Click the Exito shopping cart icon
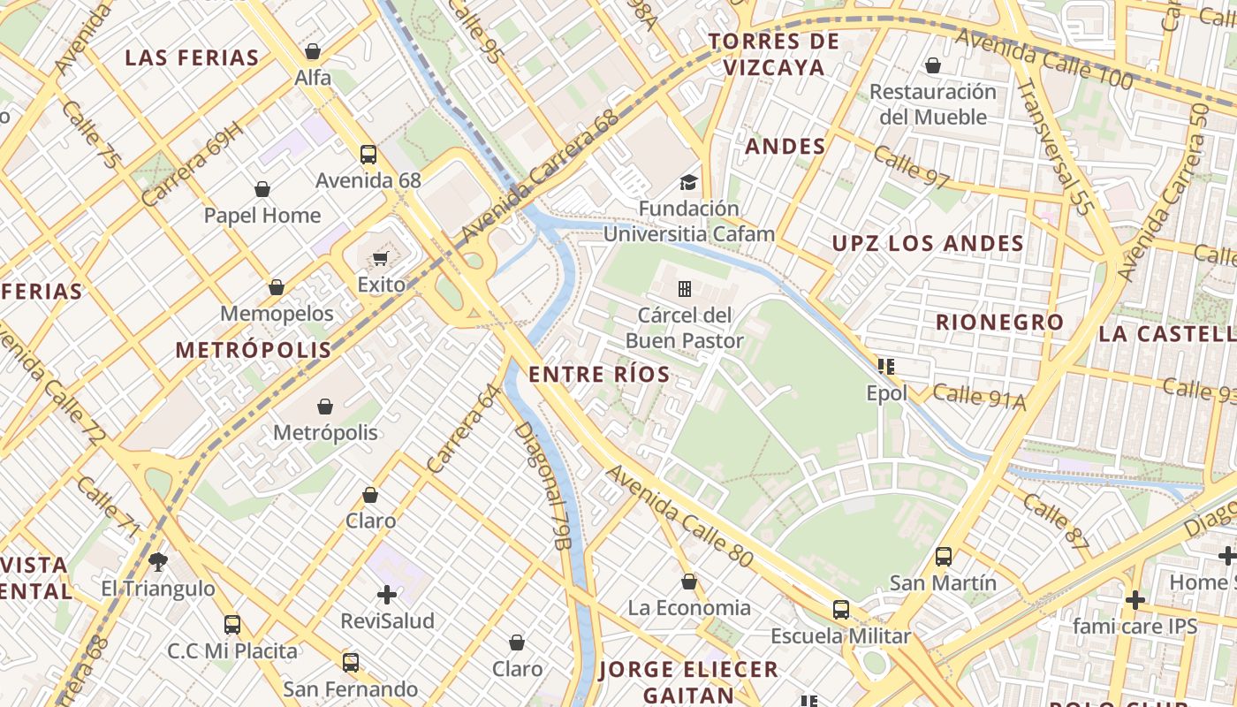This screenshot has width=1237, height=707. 380,258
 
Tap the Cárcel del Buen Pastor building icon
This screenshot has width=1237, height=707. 684,288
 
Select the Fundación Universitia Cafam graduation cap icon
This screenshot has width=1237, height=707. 687,183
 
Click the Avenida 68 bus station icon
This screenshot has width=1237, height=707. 368,155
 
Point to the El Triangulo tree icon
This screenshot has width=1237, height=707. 158,561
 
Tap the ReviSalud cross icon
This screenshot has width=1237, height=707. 387,594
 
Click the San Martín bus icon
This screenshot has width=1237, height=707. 944,557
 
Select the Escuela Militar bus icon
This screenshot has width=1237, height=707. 840,610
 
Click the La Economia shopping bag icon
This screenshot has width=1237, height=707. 689,582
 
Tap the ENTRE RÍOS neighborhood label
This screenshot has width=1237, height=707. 599,375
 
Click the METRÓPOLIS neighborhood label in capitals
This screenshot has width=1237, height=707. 253,350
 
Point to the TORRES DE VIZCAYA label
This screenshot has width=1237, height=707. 773,54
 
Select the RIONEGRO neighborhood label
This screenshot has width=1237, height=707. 999,323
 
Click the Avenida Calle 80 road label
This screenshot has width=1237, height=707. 679,516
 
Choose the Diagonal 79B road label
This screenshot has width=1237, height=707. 541,485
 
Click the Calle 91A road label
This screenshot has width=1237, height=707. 979,398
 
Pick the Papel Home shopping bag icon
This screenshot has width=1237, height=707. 262,189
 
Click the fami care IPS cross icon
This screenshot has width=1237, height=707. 1135,600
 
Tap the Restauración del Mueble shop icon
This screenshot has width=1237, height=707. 932,65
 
